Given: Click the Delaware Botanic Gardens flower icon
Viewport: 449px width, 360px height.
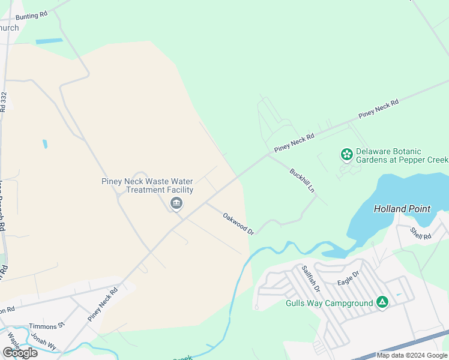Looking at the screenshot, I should tap(346, 155).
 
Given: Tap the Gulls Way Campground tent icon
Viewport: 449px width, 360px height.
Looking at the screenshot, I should tap(382, 302).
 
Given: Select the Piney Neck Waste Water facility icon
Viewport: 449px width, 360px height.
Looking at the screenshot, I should tap(176, 204).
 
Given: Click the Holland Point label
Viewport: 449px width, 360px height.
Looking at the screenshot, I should tap(402, 209).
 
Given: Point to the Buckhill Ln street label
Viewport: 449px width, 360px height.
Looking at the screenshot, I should tap(303, 180).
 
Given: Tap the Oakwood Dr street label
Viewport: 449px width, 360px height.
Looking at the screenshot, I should tap(239, 223).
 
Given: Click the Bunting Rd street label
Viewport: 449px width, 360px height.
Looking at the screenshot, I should tap(31, 16).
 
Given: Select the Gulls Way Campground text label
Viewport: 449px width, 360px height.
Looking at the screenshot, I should tap(329, 303).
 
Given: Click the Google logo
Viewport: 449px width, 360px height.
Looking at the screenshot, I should tap(20, 352).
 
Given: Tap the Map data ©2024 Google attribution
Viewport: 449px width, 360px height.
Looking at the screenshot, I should tap(412, 355).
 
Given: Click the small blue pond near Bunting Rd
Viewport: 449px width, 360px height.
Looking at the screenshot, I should tap(49, 41).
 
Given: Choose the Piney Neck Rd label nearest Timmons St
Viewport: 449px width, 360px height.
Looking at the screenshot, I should tap(103, 304).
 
